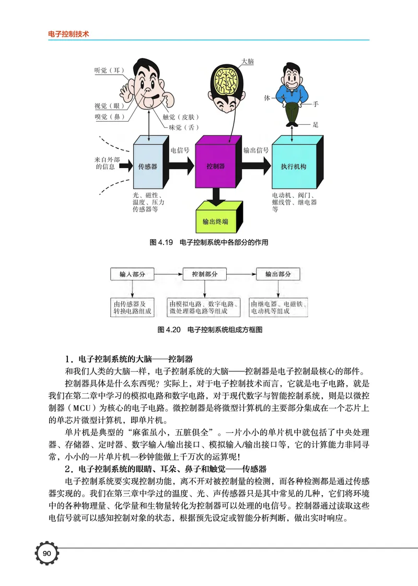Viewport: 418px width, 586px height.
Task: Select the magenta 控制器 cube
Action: coord(216,166)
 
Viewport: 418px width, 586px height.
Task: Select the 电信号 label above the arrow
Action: coord(180,150)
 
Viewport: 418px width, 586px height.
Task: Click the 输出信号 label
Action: coord(256,150)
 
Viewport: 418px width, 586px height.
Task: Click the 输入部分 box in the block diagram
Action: coord(132,274)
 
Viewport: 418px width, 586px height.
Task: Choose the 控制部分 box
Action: coord(205,274)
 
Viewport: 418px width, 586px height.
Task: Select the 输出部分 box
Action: coord(278,274)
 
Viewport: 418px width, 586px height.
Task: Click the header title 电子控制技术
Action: coord(68,33)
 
